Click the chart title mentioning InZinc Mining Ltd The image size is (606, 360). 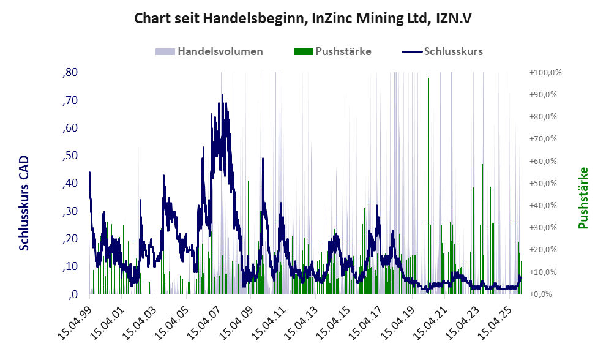coord(303,19)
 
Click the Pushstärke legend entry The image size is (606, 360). coord(333,51)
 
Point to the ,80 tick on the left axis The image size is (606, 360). coord(69,72)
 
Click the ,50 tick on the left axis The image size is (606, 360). coord(69,156)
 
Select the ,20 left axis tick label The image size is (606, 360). coord(69,239)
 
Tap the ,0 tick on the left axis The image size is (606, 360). coord(72,294)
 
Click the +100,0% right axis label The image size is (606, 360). coord(545,73)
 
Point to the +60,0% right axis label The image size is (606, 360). coord(545,162)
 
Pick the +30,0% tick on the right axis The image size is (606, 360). coord(545,228)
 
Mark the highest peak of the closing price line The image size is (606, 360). coord(222,95)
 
